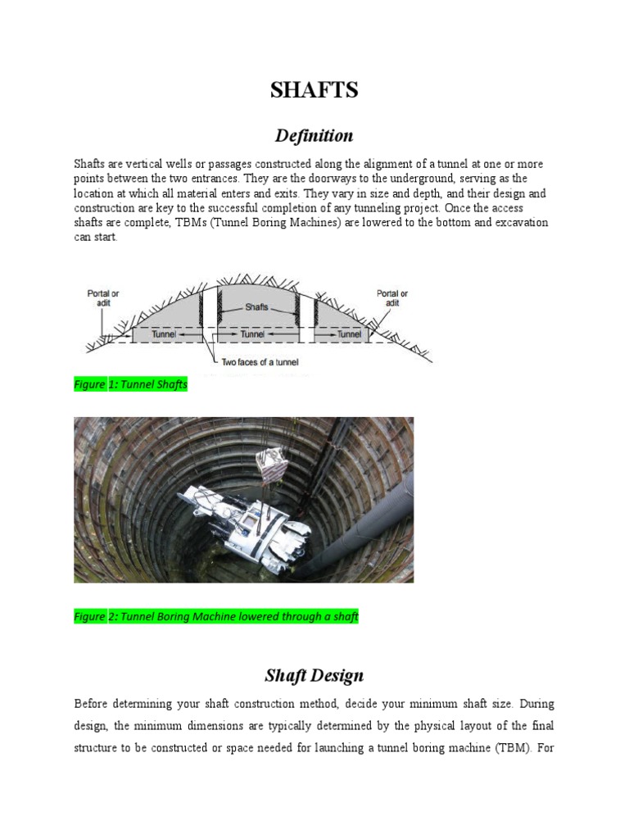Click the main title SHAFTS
pyautogui.click(x=314, y=90)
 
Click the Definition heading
pyautogui.click(x=314, y=135)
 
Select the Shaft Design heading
pyautogui.click(x=314, y=676)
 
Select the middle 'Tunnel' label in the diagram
pyautogui.click(x=252, y=334)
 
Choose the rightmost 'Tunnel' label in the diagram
pyautogui.click(x=349, y=334)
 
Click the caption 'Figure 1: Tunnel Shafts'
pyautogui.click(x=131, y=384)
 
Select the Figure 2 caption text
pyautogui.click(x=216, y=616)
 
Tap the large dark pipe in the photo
pyautogui.click(x=360, y=524)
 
